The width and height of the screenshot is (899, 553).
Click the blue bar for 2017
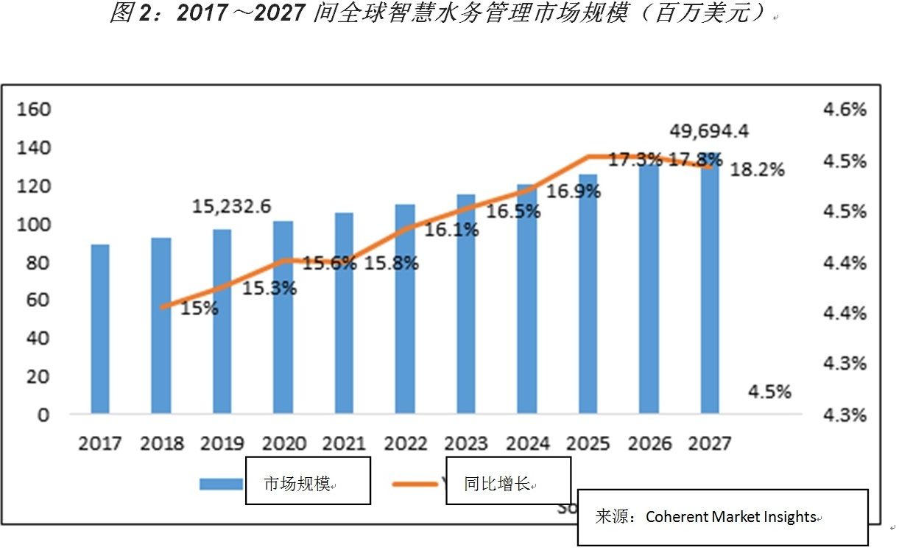click(x=100, y=328)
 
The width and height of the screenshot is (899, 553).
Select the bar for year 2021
click(x=344, y=313)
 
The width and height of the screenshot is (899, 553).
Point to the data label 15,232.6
click(x=231, y=207)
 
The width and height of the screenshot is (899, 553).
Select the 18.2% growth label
click(x=758, y=169)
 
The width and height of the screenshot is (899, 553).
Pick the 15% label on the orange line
click(x=200, y=309)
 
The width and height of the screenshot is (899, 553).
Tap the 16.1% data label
click(x=452, y=230)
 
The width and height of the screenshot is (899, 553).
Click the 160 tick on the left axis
click(x=33, y=110)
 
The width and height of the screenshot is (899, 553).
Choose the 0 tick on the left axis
click(x=43, y=415)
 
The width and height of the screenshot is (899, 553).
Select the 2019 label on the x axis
click(x=222, y=444)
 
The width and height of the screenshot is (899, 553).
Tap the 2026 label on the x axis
click(x=651, y=444)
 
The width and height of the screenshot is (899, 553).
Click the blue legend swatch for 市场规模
click(x=221, y=484)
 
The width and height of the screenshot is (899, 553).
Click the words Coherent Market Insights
click(x=731, y=517)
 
